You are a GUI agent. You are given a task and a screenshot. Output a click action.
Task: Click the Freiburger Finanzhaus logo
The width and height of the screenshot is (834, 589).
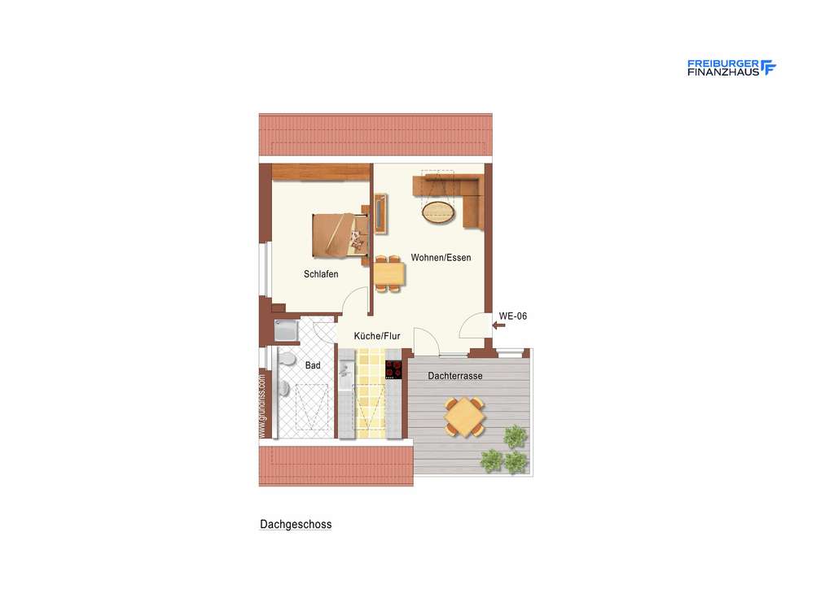(x=731, y=68)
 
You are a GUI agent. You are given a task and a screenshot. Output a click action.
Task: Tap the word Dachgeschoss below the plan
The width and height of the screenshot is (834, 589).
(x=296, y=525)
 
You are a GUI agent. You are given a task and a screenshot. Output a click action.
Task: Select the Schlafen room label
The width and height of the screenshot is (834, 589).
(x=321, y=274)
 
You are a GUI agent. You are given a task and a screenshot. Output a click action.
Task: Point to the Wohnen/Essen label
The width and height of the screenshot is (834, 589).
(x=441, y=258)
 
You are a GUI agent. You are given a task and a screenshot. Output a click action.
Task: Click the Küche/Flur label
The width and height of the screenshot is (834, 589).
(x=377, y=335)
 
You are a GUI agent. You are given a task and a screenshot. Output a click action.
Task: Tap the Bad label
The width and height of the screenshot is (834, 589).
(x=313, y=365)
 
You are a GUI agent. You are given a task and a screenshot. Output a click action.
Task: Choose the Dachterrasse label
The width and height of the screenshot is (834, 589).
(x=455, y=376)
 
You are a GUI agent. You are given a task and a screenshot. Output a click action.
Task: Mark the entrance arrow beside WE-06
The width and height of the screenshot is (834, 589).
(x=499, y=325)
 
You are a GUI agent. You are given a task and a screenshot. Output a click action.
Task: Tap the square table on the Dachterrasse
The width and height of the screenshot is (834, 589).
(x=465, y=417)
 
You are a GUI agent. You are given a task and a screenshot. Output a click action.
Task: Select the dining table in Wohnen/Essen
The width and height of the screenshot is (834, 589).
(x=389, y=273)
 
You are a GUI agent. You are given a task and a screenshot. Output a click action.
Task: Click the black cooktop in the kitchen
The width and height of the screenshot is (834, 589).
(x=394, y=369)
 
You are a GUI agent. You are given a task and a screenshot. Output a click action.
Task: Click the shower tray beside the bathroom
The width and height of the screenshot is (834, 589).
(x=287, y=331)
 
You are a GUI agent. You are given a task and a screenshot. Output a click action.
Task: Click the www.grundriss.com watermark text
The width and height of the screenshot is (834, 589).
(x=262, y=407)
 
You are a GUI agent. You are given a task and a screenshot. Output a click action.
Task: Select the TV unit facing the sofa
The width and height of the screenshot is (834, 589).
(x=380, y=213)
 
